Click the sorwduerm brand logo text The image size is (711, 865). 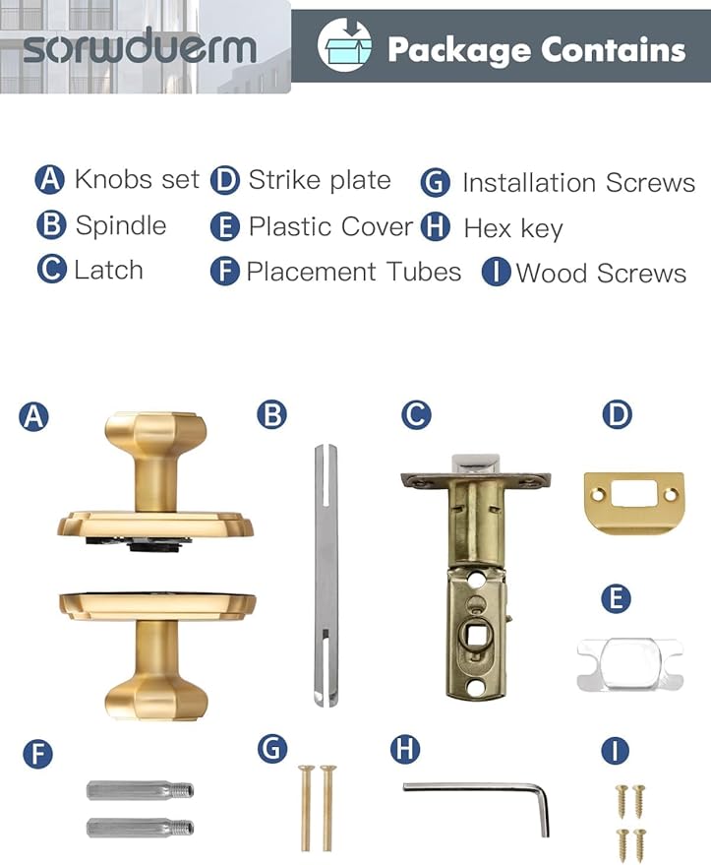coord(139,46)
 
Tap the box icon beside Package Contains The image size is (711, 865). coord(344,47)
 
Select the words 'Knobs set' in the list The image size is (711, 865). coord(136,179)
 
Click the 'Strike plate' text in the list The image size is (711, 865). coord(319,180)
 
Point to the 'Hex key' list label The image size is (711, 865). coord(512,229)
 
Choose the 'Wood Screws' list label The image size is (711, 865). coord(601,274)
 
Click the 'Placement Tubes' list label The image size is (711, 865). coord(353,272)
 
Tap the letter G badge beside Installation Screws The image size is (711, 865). coord(435,183)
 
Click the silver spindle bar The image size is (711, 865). coord(325,576)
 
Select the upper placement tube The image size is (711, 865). coord(140,790)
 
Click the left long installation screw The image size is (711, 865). coord(305,807)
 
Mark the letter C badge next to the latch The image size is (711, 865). coord(416,415)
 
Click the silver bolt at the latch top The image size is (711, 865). coord(476,463)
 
